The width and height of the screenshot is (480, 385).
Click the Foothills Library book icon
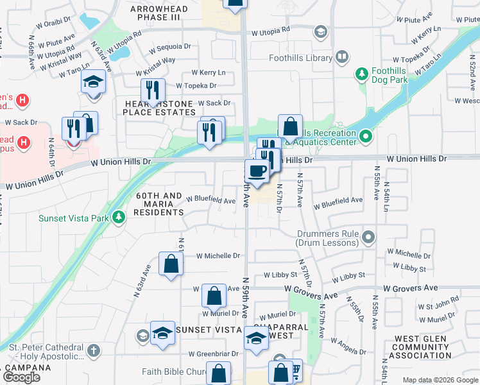tap(343, 58)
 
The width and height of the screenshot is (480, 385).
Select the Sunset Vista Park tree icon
tap(118, 218)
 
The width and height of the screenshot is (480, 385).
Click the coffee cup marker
tap(257, 172)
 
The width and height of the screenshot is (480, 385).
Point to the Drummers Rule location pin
tap(368, 238)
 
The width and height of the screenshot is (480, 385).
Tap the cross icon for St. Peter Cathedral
tap(94, 350)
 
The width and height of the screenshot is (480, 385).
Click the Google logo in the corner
tap(21, 377)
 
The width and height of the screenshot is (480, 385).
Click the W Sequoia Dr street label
tap(170, 47)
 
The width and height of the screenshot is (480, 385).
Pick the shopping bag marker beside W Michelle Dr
tap(171, 264)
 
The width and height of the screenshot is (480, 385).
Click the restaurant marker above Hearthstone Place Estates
tap(153, 90)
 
